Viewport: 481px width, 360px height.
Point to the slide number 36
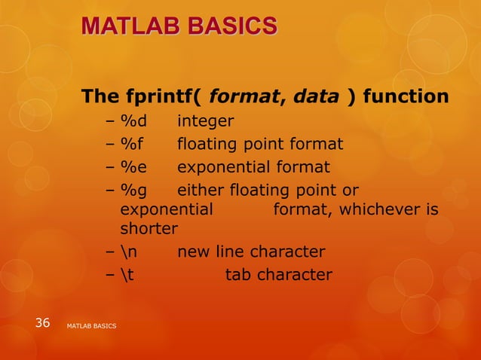tap(42, 323)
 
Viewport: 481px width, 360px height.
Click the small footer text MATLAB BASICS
tap(91, 325)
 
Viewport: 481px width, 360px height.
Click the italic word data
tap(317, 97)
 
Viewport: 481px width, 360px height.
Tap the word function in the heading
tap(408, 97)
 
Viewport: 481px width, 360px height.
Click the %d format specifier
tap(134, 122)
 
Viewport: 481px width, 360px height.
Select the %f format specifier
tap(133, 144)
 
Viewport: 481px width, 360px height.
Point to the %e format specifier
tap(134, 166)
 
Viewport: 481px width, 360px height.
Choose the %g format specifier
tap(134, 190)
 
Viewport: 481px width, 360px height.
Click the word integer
tap(205, 122)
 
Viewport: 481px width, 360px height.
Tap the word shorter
tap(149, 228)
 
